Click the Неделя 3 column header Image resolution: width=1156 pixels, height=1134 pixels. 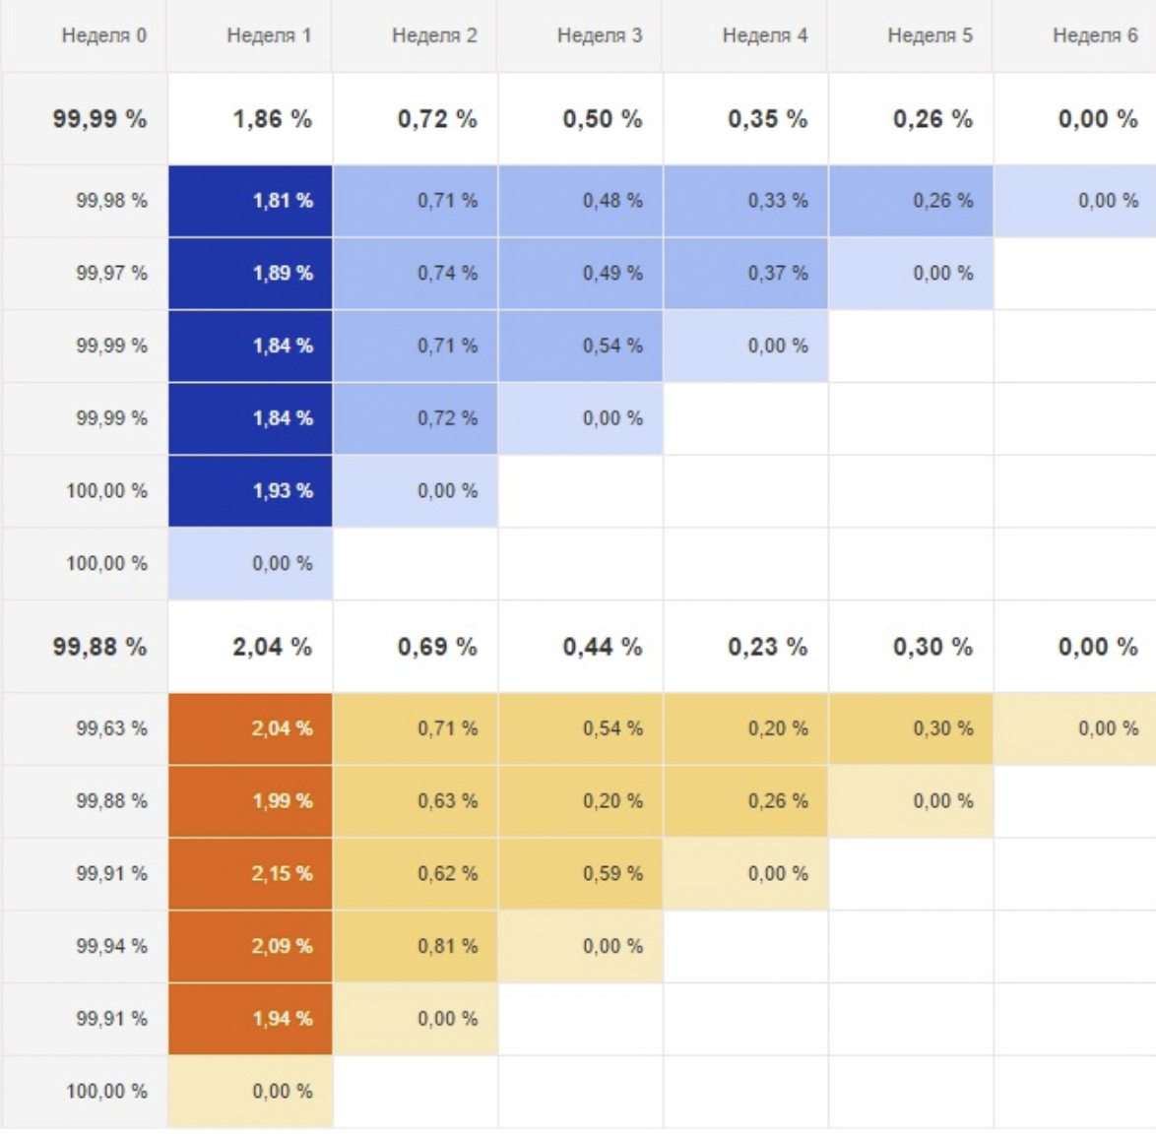coord(599,35)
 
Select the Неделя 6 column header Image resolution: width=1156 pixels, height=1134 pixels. coord(1094,35)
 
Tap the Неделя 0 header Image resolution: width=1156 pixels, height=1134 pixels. coord(103,35)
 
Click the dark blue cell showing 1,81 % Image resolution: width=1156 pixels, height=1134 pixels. coord(251,201)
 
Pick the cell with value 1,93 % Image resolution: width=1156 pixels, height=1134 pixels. coord(251,490)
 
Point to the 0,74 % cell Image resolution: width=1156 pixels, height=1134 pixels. coord(416,274)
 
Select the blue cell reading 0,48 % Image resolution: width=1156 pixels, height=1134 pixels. coord(581,201)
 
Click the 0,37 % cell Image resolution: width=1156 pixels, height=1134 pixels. coord(746,274)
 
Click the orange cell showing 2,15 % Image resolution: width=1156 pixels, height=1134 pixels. coord(251,873)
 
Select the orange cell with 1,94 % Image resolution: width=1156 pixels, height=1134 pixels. coord(251,1019)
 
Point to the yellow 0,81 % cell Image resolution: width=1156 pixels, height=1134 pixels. coord(416,946)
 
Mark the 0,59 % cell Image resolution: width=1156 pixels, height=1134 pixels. coord(581,873)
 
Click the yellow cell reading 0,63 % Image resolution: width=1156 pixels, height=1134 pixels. coord(416,801)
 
